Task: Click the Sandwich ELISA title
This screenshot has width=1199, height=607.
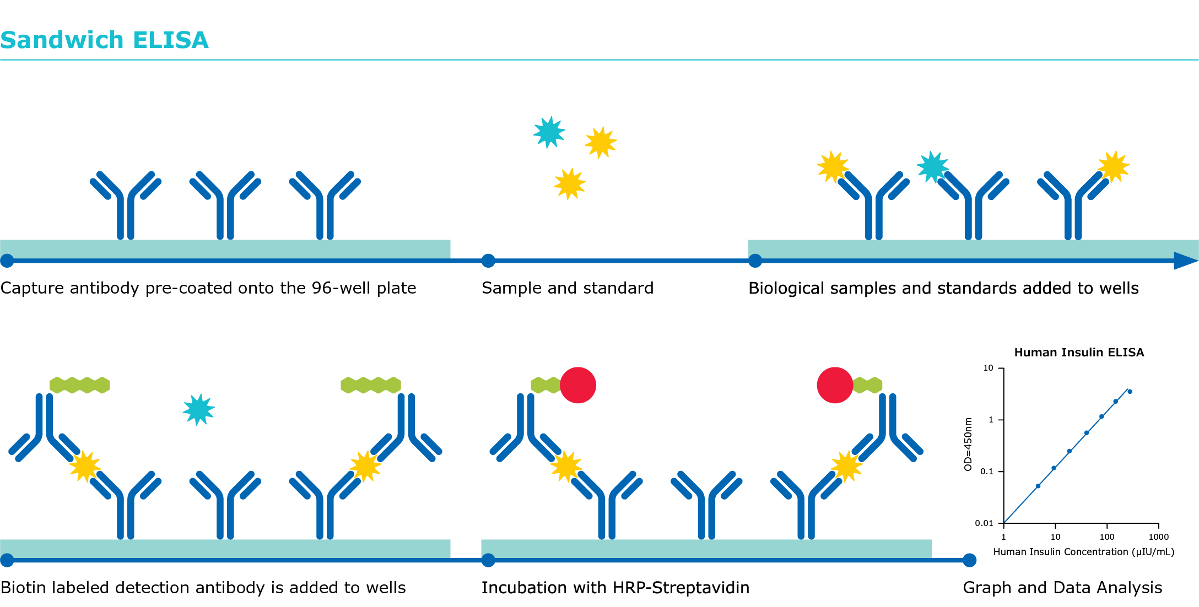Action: click(x=105, y=40)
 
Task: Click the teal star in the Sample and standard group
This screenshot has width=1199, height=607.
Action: click(x=549, y=132)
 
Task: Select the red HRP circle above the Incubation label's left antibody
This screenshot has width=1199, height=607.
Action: click(x=578, y=385)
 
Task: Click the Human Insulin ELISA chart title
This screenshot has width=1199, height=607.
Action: click(x=1079, y=353)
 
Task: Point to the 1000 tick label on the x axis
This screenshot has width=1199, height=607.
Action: click(x=1158, y=537)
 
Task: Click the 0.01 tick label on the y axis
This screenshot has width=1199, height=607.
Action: click(x=984, y=523)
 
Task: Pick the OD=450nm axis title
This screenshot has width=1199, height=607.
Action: click(x=968, y=444)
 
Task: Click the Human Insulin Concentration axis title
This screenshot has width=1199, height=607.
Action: click(x=1083, y=552)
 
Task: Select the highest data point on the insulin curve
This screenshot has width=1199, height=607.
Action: click(x=1130, y=392)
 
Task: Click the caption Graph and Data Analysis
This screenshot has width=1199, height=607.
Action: click(x=1062, y=588)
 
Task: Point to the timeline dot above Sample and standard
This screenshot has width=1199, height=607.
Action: click(x=488, y=261)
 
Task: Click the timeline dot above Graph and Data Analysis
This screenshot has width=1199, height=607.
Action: click(x=970, y=561)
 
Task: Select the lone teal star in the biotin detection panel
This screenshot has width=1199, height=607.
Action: click(x=198, y=409)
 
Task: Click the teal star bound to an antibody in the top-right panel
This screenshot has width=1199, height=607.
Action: click(x=932, y=166)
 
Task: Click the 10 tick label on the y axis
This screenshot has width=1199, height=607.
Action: click(x=988, y=368)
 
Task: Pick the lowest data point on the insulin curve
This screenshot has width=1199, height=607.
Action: click(x=1038, y=486)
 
